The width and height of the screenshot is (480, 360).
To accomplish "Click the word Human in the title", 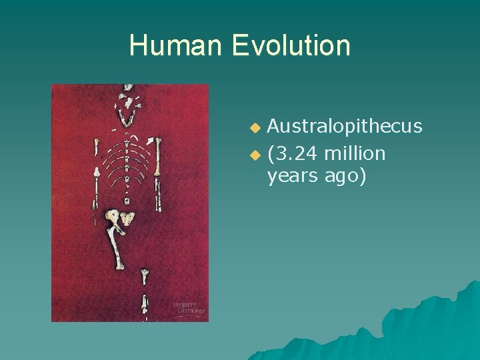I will pyautogui.click(x=175, y=46).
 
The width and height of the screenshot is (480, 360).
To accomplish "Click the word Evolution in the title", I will pyautogui.click(x=291, y=46).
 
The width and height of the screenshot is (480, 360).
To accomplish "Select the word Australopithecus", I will pyautogui.click(x=345, y=126).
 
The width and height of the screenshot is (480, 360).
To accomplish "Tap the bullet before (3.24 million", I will pyautogui.click(x=253, y=155).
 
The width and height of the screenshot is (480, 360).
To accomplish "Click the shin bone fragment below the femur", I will pyautogui.click(x=144, y=276).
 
